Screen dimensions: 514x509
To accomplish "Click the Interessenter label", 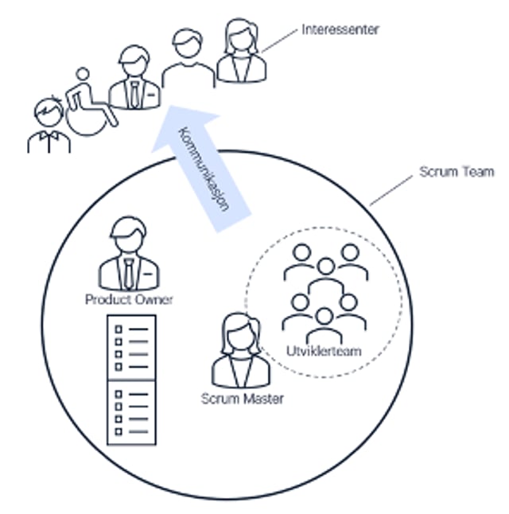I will pyautogui.click(x=340, y=29).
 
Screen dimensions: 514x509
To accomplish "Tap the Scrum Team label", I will pyautogui.click(x=457, y=171).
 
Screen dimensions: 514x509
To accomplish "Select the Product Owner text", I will pyautogui.click(x=129, y=299).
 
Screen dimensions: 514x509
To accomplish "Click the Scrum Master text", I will pyautogui.click(x=243, y=398).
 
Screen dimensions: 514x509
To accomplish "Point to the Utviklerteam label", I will pyautogui.click(x=324, y=352).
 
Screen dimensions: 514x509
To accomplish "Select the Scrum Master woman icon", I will pyautogui.click(x=240, y=350).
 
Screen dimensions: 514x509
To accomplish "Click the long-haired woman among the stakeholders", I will pyautogui.click(x=241, y=51).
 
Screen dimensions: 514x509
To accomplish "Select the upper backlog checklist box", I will pyautogui.click(x=131, y=347).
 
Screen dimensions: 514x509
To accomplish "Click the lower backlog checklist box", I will pyautogui.click(x=131, y=411).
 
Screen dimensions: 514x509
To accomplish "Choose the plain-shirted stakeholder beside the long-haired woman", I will pyautogui.click(x=188, y=59).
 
